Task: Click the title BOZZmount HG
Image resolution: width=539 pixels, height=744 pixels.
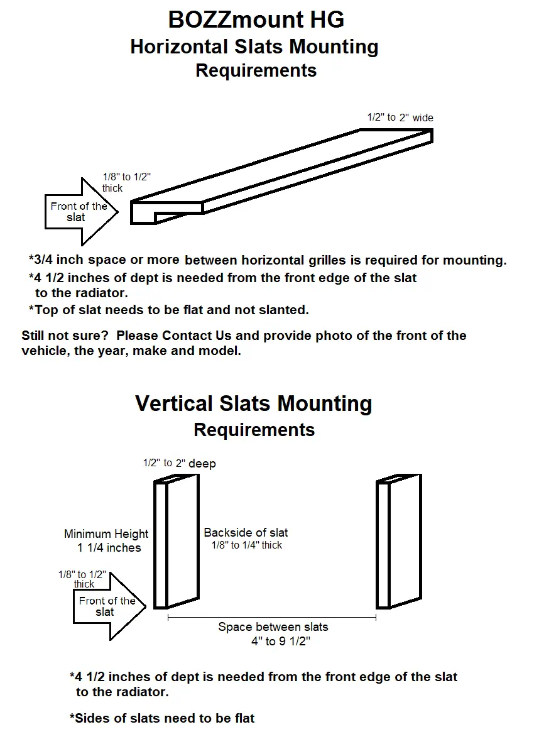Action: coord(256,20)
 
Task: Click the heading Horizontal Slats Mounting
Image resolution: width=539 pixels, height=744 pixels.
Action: coord(254,47)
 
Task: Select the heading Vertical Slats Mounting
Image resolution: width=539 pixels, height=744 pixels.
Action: coord(254,403)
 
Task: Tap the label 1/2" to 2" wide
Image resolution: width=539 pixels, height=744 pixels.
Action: coord(400,118)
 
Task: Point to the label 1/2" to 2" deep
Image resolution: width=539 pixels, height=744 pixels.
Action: coord(179,464)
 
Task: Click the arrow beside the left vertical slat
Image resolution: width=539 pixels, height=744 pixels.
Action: coord(107,606)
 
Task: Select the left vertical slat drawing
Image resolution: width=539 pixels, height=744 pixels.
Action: coord(177,542)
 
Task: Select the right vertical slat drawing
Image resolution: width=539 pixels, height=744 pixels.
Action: coord(399,542)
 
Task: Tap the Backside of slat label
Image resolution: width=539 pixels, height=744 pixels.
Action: coord(246,533)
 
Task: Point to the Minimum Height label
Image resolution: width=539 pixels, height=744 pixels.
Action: coord(106,534)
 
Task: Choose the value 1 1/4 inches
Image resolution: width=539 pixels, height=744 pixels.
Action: coord(109,548)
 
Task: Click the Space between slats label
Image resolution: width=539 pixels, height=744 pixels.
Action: coord(273,627)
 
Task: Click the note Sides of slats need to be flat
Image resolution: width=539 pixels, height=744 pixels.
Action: coord(162,718)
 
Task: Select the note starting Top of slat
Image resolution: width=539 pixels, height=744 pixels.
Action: coord(168,310)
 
